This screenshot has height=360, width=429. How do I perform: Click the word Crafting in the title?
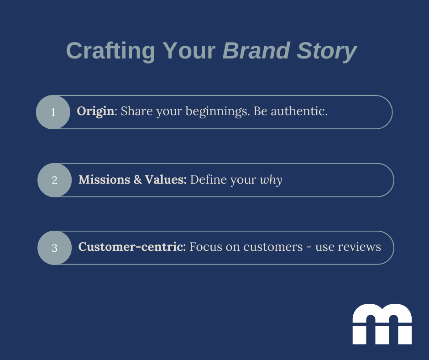coord(110,51)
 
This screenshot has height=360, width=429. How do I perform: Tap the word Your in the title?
coord(189,51)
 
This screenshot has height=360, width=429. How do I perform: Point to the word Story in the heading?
coord(327,52)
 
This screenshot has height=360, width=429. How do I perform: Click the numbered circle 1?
coord(53,112)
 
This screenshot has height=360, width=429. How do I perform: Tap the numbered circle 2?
coord(54,180)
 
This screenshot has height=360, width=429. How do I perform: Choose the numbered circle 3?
coord(54,248)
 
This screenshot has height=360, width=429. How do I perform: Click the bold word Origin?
coord(95,111)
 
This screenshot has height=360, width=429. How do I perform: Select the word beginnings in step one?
coord(218,111)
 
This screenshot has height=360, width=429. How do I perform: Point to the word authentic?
coord(299,111)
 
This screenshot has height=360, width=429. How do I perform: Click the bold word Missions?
coord(104,180)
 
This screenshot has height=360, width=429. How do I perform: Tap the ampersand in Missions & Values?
coord(138,180)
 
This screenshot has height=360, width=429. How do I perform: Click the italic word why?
coord(271,180)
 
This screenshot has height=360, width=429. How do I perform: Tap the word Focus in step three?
coord(206,247)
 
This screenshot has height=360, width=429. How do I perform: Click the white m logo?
coord(382,324)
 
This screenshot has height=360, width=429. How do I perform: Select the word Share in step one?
coord(137,111)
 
